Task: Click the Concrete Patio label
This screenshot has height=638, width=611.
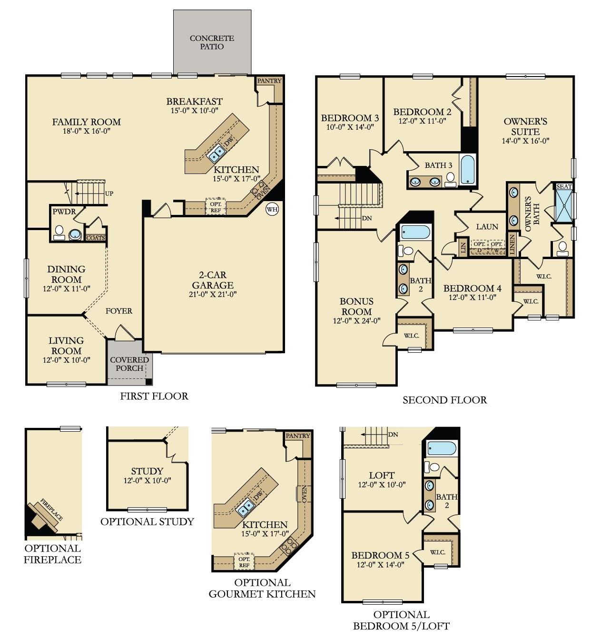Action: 212,42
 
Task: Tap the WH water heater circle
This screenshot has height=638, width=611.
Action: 272,209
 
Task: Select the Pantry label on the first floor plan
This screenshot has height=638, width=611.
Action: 269,81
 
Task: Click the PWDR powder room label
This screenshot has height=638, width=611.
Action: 64,212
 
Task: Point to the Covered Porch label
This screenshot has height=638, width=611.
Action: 129,364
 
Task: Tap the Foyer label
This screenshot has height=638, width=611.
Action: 118,311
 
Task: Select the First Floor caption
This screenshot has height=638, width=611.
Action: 154,396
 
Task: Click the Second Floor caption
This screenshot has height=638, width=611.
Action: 444,400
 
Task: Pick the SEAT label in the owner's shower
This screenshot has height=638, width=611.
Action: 564,187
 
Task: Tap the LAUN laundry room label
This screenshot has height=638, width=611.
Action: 487,227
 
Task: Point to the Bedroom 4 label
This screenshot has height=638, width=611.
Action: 472,289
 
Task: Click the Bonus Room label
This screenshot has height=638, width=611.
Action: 356,307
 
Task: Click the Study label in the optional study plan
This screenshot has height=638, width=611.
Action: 147,471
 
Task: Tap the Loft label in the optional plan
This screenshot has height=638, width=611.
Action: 382,475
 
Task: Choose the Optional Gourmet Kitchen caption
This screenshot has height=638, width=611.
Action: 262,588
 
